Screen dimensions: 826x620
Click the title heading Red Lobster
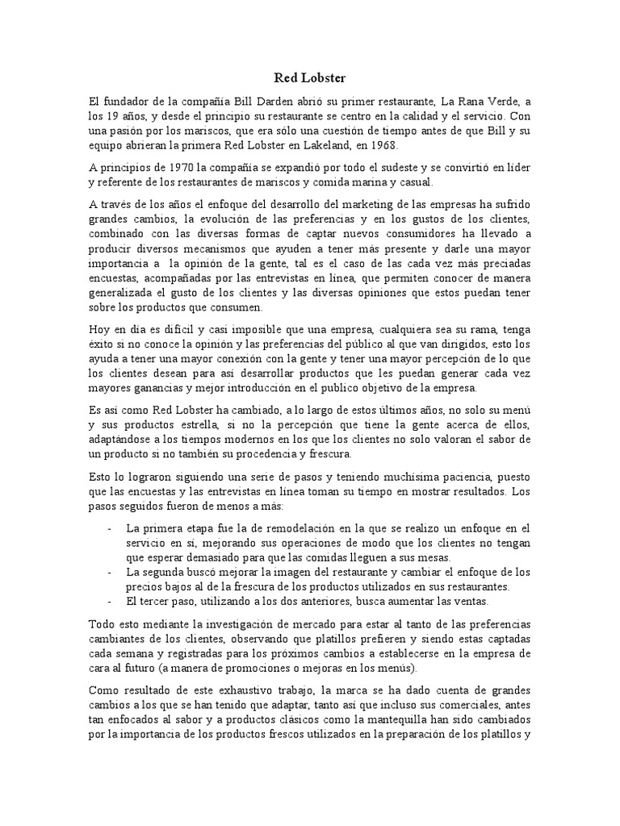(310, 78)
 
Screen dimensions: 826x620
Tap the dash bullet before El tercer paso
(110, 601)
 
